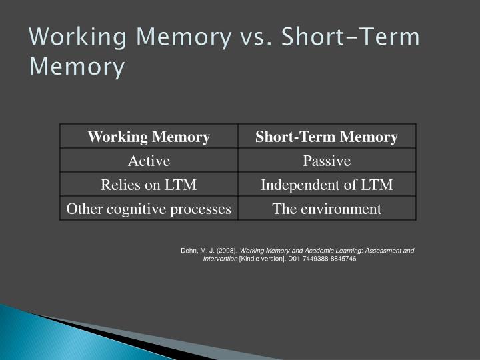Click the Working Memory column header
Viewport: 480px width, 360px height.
pyautogui.click(x=149, y=137)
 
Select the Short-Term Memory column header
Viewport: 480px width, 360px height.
pyautogui.click(x=327, y=137)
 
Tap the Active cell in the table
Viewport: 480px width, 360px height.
pyautogui.click(x=149, y=161)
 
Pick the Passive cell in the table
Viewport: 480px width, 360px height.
pyautogui.click(x=327, y=161)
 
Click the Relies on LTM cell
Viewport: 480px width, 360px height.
pyautogui.click(x=149, y=185)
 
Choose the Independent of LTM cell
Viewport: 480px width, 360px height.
pyautogui.click(x=327, y=185)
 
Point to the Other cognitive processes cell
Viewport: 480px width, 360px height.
pyautogui.click(x=149, y=209)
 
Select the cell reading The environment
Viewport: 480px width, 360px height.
pyautogui.click(x=327, y=209)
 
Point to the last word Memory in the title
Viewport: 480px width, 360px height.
pyautogui.click(x=77, y=67)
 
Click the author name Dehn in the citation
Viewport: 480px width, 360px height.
pyautogui.click(x=189, y=251)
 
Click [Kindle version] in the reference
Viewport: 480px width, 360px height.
pyautogui.click(x=262, y=259)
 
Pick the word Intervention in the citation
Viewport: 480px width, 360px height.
pyautogui.click(x=220, y=259)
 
